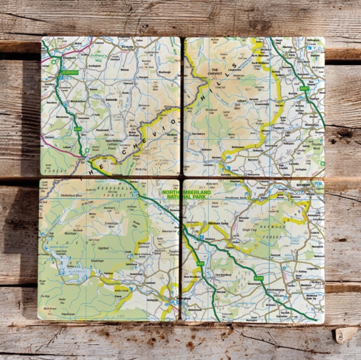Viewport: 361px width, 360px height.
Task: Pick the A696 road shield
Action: (259, 278)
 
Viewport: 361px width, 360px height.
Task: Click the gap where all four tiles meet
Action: (182, 179)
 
